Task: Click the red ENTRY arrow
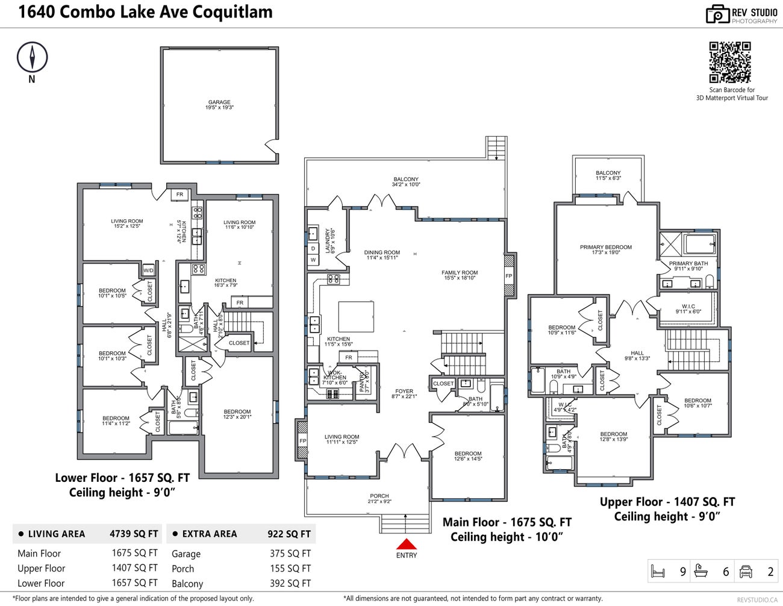406,543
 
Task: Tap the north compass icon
32,58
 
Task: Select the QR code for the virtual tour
729,62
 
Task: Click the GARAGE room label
219,102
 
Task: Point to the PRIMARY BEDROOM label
605,247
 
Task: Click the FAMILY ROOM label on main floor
460,273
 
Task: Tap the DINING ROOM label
382,252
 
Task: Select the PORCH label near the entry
379,496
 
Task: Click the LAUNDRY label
328,240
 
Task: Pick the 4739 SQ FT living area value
134,534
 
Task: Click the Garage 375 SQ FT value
290,554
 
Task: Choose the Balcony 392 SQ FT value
290,583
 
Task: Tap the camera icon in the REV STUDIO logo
717,15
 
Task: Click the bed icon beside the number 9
658,571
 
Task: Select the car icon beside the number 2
746,571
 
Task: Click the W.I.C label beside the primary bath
688,307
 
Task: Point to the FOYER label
404,391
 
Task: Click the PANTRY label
362,382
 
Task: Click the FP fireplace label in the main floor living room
302,441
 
